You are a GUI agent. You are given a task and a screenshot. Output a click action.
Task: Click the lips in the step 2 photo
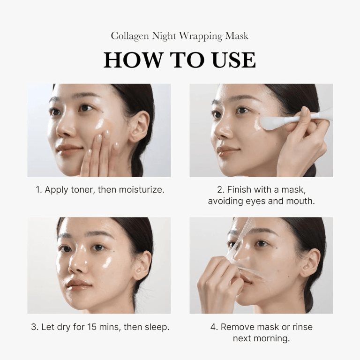(227, 150)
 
